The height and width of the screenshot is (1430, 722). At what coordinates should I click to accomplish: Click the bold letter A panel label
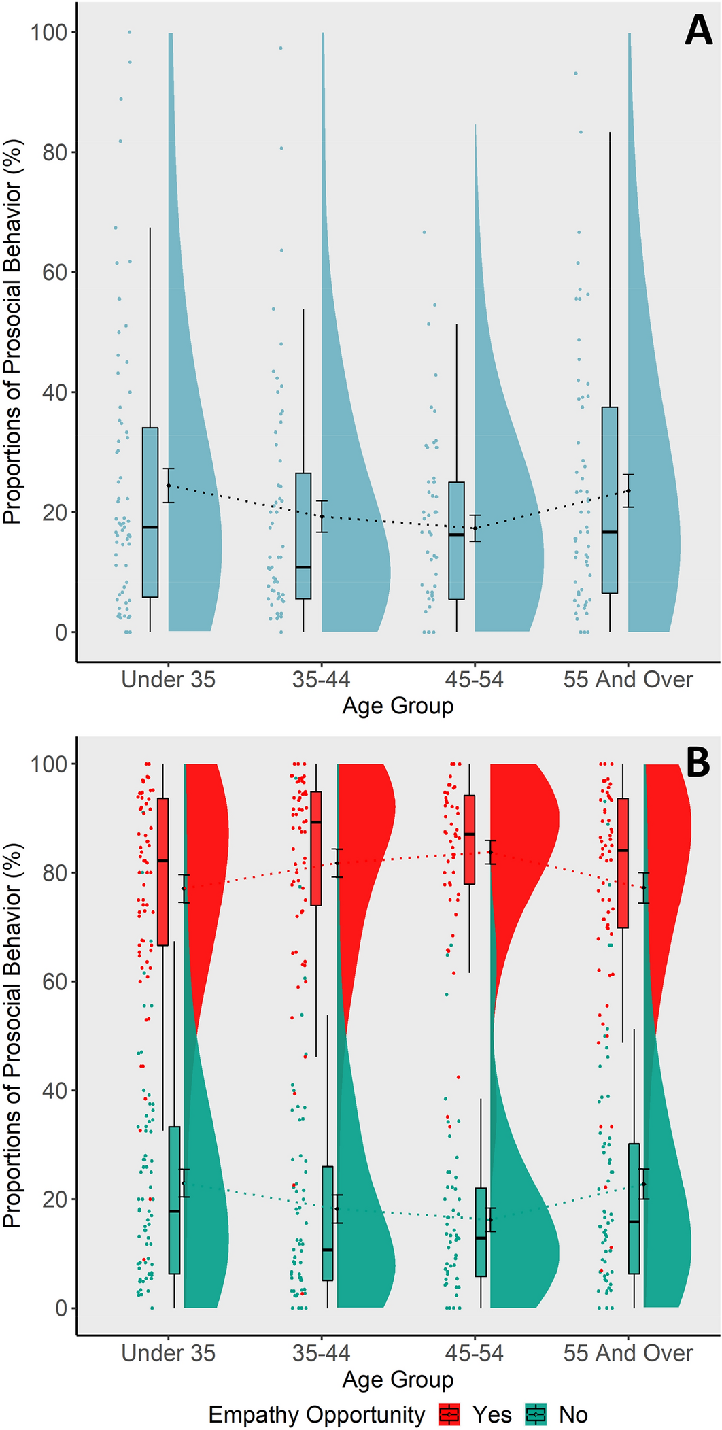(x=698, y=31)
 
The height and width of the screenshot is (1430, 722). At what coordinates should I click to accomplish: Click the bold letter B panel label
(x=698, y=762)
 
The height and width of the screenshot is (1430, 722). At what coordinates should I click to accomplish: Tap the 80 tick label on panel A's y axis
(x=54, y=152)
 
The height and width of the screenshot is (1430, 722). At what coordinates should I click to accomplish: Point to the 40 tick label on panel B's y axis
(x=54, y=1090)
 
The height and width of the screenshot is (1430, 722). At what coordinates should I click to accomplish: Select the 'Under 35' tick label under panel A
(x=168, y=679)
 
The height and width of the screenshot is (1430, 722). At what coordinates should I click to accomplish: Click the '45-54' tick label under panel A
(x=474, y=679)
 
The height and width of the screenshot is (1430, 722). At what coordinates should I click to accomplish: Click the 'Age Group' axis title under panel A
(x=398, y=706)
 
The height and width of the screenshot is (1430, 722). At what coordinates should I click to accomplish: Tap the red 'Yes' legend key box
(x=450, y=1414)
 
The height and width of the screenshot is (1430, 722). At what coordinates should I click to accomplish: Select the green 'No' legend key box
(x=536, y=1414)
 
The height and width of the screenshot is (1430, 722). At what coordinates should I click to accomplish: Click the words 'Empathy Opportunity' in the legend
(x=316, y=1414)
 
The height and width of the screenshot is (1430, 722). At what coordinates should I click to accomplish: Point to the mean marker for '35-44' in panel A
(x=322, y=516)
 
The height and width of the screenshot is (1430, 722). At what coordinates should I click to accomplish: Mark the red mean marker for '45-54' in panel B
(x=490, y=852)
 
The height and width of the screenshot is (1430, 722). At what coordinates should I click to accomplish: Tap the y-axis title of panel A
(x=13, y=332)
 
